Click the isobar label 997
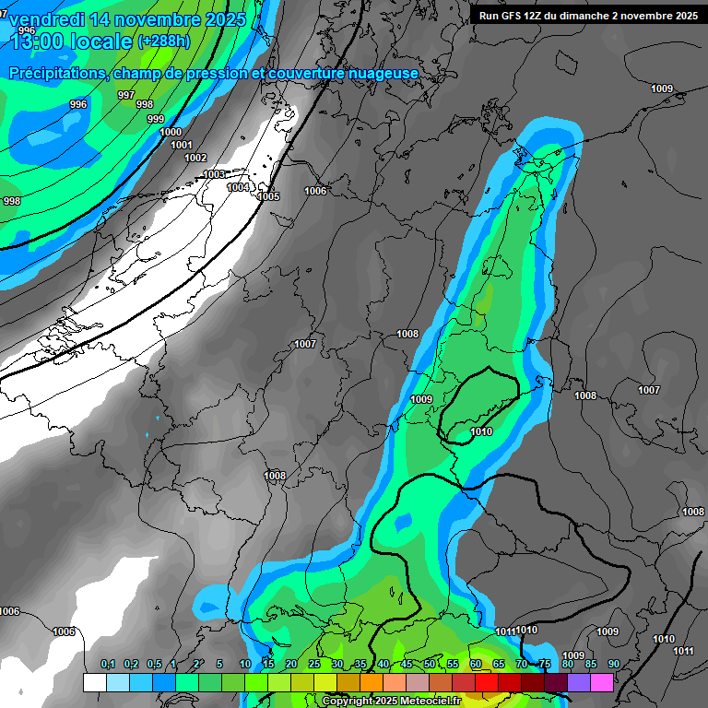click(x=126, y=95)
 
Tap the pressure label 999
click(x=156, y=119)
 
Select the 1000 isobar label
click(x=171, y=132)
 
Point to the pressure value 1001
click(x=182, y=145)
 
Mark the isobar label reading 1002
click(x=195, y=158)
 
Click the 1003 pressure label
click(x=214, y=174)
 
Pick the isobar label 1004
click(x=238, y=187)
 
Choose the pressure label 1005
click(x=268, y=196)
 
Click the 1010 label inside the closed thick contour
click(x=480, y=431)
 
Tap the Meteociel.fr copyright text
click(x=391, y=702)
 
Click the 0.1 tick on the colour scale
click(x=108, y=665)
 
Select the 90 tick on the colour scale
click(x=613, y=665)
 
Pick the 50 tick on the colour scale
click(x=430, y=665)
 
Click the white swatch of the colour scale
click(x=94, y=682)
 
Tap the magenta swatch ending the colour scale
click(x=602, y=682)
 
